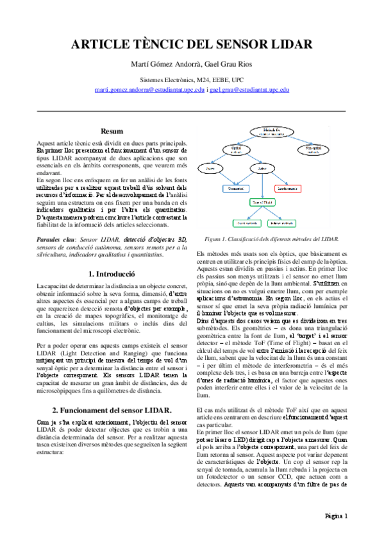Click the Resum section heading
click(x=112, y=131)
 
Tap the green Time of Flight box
click(x=263, y=201)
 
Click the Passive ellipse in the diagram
click(x=210, y=170)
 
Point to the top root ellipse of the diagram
click(x=274, y=132)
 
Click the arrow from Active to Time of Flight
click(x=262, y=186)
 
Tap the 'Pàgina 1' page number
click(x=335, y=515)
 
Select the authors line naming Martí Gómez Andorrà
click(x=192, y=65)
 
